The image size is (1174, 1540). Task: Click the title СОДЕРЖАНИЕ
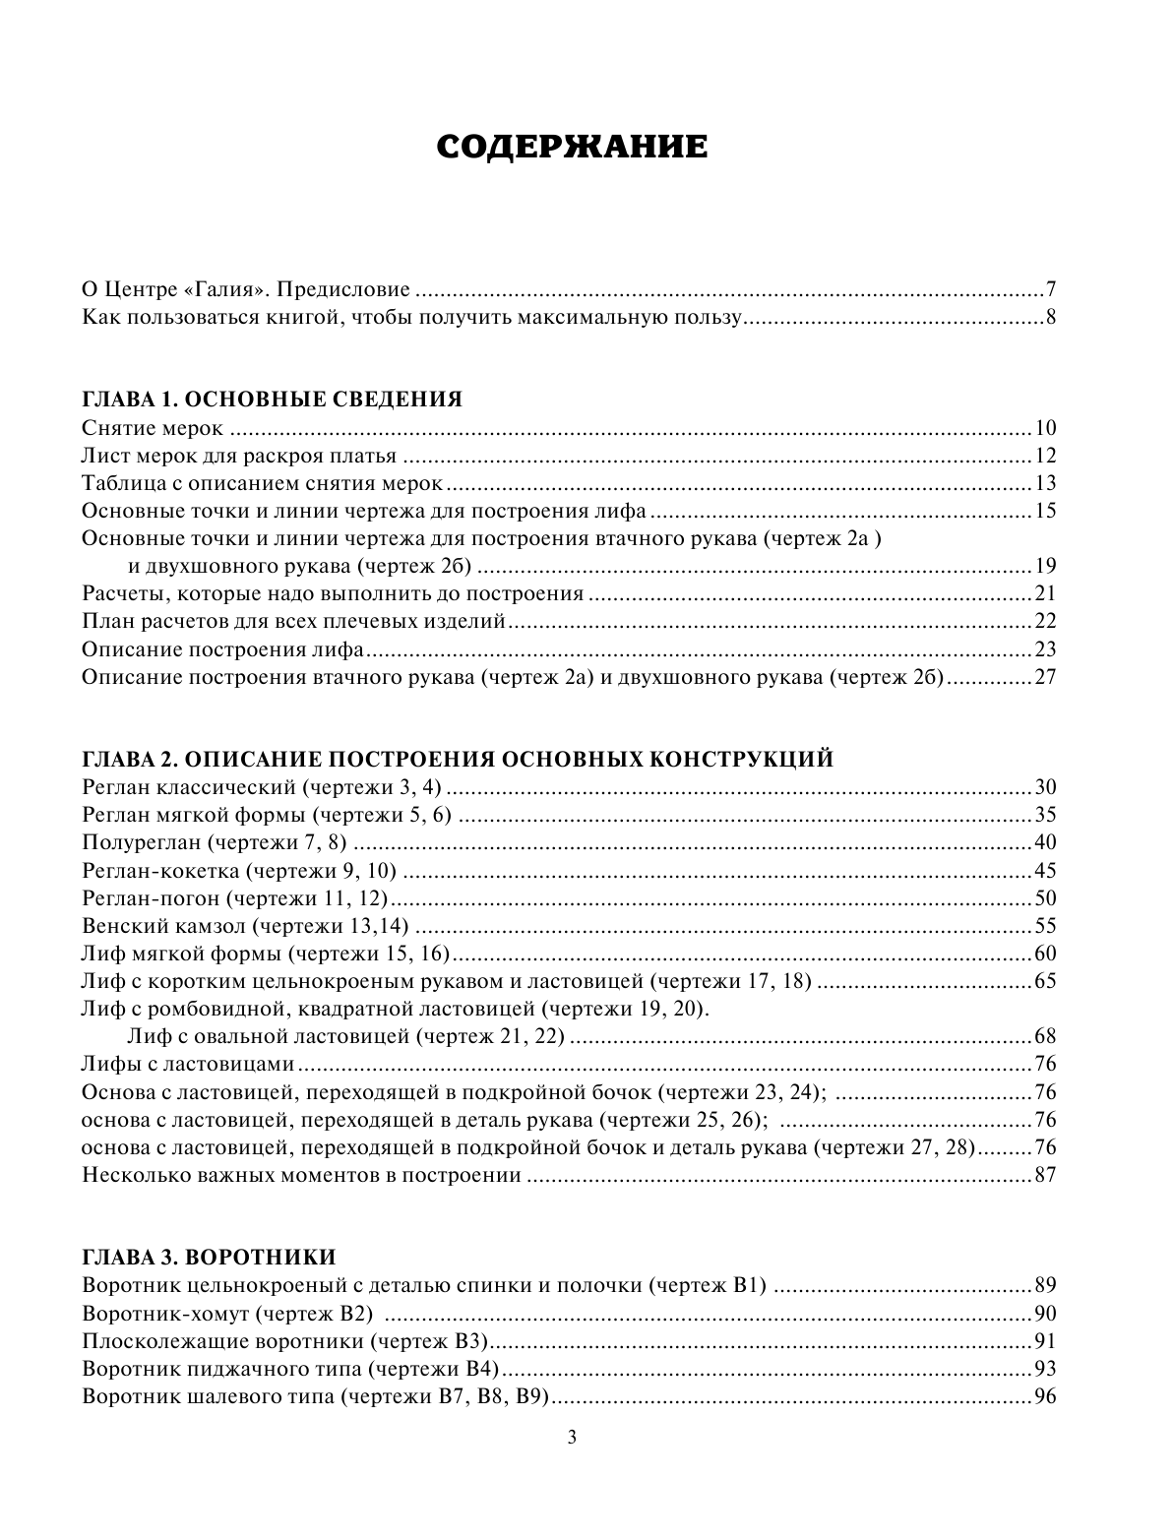tap(572, 147)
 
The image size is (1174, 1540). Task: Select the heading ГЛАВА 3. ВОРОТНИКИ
tap(210, 1257)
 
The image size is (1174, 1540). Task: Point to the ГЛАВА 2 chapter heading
tap(459, 759)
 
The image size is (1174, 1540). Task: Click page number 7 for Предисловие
tap(1050, 289)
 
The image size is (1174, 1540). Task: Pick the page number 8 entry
tap(1050, 318)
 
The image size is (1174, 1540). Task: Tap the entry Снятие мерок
tap(154, 428)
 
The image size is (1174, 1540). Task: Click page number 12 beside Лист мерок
tap(1044, 456)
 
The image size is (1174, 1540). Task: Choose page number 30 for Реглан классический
tap(1044, 787)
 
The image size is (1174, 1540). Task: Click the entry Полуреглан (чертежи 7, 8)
tap(216, 842)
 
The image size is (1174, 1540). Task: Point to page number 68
tap(1044, 1036)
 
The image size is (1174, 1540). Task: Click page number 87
tap(1044, 1175)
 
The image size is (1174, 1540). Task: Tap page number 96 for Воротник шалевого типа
tap(1044, 1396)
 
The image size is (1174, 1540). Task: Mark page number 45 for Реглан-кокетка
tap(1044, 870)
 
